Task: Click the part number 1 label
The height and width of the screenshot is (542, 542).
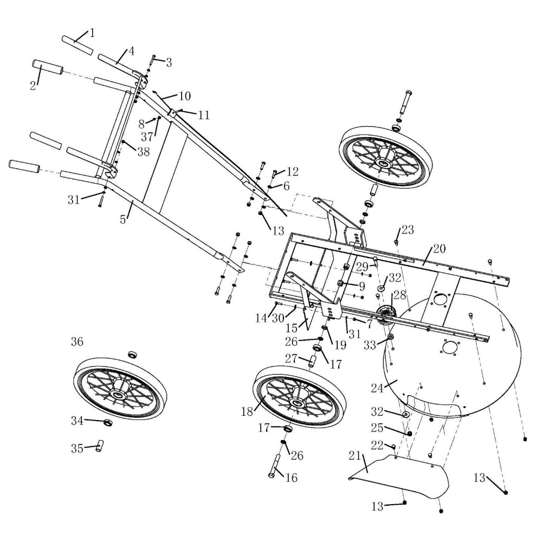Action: pos(92,33)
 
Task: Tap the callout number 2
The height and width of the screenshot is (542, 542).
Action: pos(33,85)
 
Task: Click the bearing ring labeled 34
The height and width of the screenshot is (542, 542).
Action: pos(107,422)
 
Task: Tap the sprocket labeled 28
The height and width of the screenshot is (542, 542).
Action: pos(386,314)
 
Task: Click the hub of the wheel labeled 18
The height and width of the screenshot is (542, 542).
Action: pos(296,402)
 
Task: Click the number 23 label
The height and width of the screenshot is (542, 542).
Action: pos(408,229)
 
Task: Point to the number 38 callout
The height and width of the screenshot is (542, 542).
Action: pos(143,152)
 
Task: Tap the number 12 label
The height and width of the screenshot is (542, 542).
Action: pos(293,172)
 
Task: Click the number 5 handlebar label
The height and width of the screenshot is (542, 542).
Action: pos(124,220)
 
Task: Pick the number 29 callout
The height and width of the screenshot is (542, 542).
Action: pos(362,266)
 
